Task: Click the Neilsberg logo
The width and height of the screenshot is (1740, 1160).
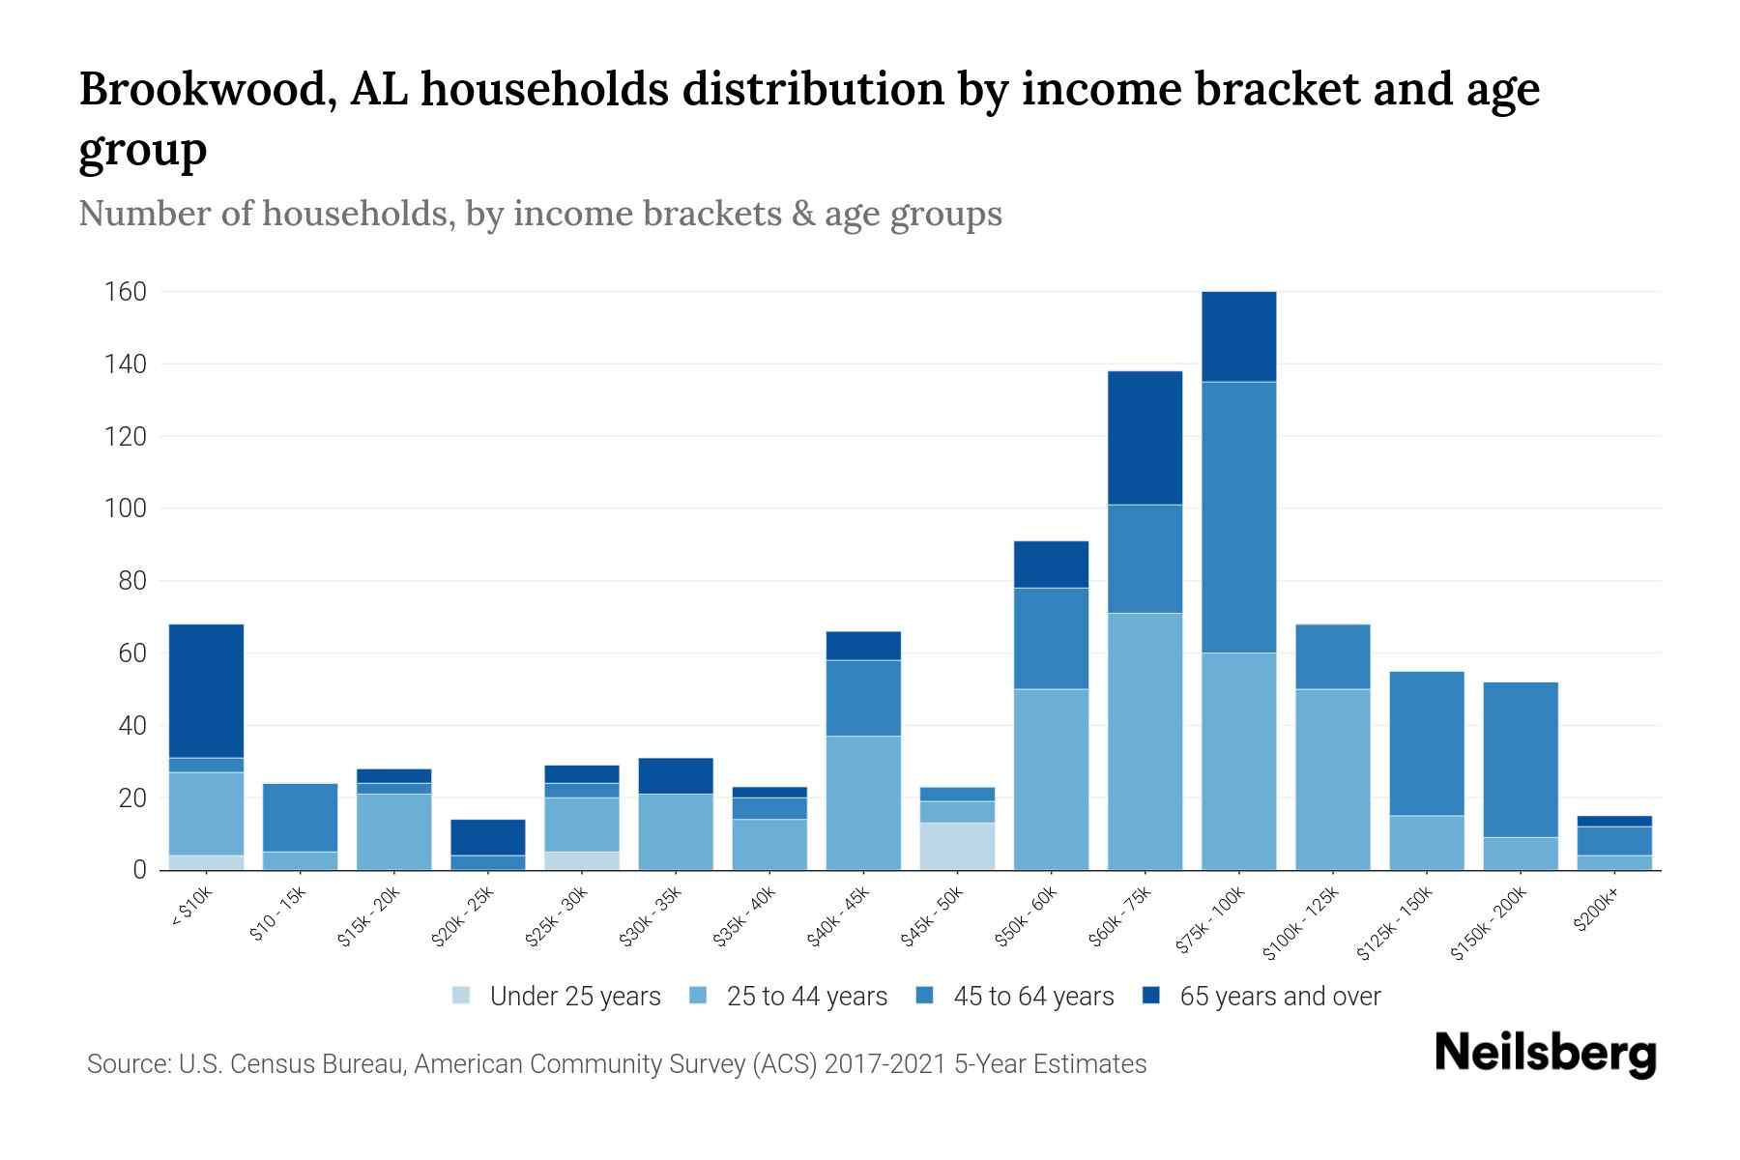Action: (1545, 1054)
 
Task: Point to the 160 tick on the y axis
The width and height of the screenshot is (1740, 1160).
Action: (125, 292)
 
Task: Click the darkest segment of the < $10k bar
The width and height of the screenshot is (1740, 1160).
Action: (206, 690)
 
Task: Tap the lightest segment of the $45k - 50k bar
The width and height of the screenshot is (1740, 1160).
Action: (957, 846)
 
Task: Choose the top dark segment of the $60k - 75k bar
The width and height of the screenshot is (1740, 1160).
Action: (1145, 437)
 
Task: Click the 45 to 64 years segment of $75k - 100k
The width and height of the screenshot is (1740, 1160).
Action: (1238, 517)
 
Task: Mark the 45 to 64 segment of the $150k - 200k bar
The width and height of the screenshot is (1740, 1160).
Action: (1520, 759)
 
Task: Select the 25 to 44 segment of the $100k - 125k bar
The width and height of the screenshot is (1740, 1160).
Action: (1332, 779)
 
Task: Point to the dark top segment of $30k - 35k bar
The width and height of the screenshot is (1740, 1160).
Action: (676, 775)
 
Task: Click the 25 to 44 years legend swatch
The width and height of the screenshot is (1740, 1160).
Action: (698, 996)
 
